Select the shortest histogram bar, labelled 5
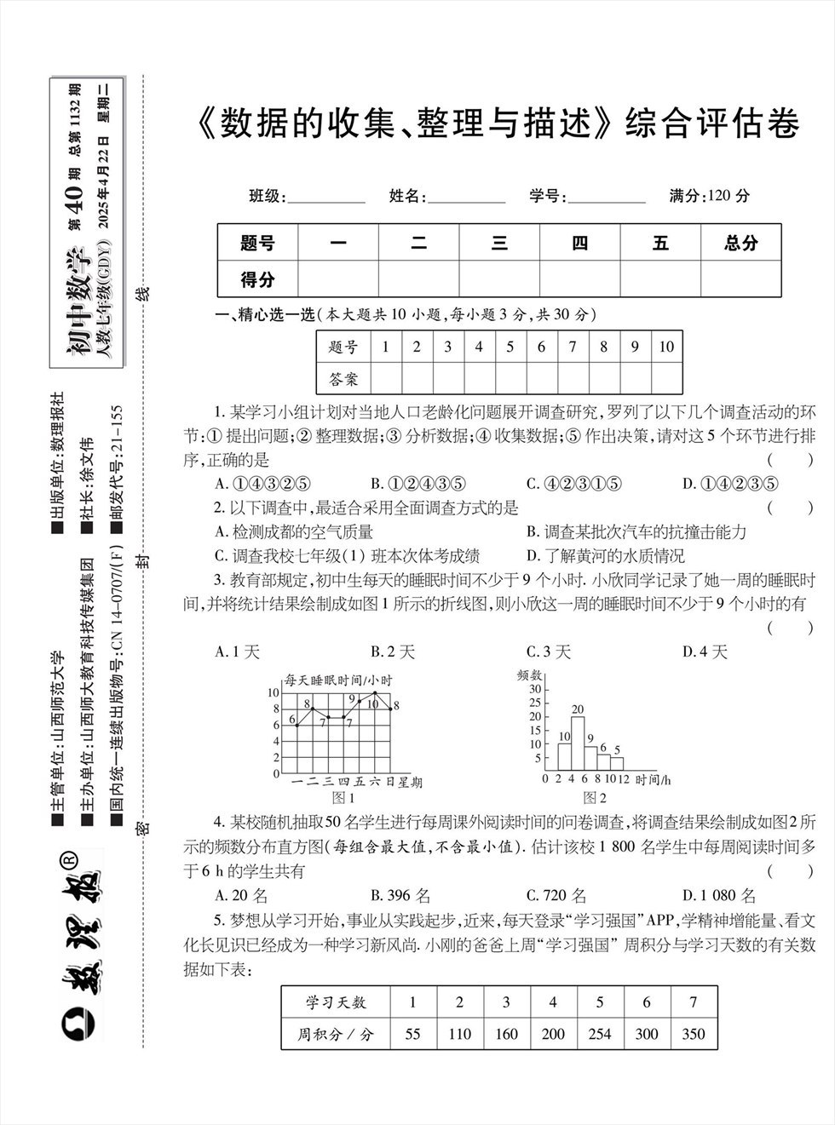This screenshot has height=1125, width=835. click(x=617, y=764)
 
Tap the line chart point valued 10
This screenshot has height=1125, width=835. click(x=375, y=693)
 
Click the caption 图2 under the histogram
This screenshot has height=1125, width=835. click(x=594, y=798)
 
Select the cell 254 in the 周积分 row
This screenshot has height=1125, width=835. click(x=600, y=1033)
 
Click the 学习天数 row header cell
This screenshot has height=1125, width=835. click(x=336, y=1002)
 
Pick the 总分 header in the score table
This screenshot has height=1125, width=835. click(x=740, y=244)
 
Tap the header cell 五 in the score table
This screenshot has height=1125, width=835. click(x=660, y=244)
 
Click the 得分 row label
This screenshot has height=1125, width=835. click(x=257, y=279)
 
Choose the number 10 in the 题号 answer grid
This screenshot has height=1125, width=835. click(x=666, y=347)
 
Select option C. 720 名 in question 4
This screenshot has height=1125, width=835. click(x=556, y=896)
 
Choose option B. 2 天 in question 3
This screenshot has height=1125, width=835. click(x=393, y=652)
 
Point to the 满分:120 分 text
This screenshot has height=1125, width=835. click(x=710, y=196)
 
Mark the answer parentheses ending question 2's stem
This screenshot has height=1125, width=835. click(x=790, y=508)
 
